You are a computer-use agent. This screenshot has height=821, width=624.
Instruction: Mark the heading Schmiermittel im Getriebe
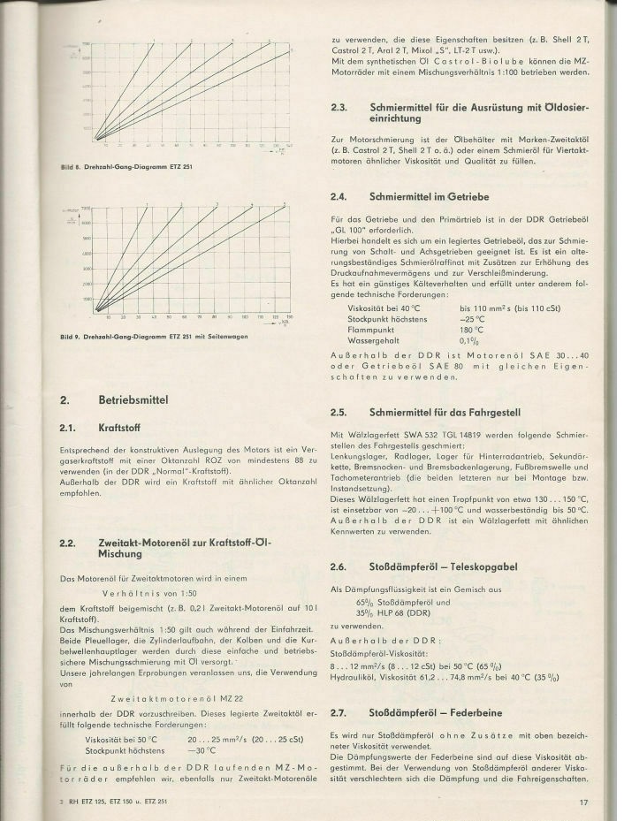tap(424, 195)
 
